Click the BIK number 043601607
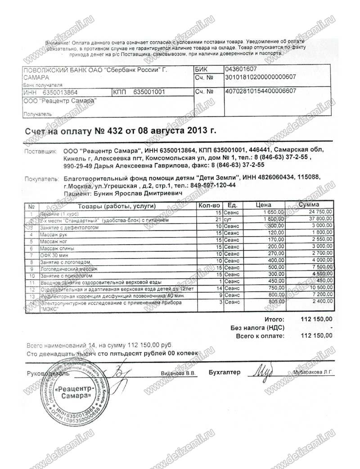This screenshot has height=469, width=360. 241,69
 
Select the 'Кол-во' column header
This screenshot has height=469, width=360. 208,205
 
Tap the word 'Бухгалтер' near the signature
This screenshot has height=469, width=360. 225,372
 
